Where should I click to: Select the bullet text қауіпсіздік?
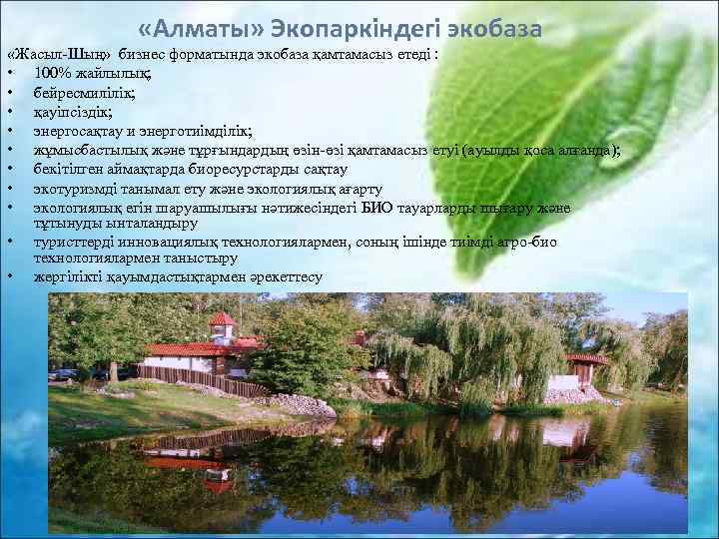point(72,111)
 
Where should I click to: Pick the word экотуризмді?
point(73,188)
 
